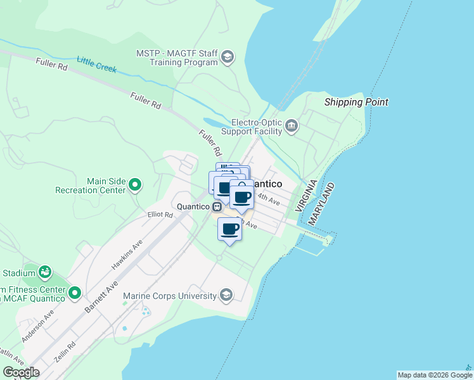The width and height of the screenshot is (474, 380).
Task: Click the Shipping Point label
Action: click(356, 102)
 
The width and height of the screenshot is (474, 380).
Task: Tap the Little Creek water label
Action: click(97, 64)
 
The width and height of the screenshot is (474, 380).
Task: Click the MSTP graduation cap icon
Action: click(227, 58)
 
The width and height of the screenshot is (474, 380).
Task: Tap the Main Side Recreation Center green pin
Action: click(134, 185)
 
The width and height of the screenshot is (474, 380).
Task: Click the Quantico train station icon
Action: click(217, 206)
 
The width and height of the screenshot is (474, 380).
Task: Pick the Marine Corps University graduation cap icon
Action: click(226, 295)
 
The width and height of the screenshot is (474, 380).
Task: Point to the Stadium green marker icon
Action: click(45, 273)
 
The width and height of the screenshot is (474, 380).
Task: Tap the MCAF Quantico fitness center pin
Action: click(75, 293)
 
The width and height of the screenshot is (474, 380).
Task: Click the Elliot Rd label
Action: click(160, 215)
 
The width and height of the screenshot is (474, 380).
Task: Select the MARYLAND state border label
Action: click(323, 204)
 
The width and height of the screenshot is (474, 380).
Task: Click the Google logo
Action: click(21, 372)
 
